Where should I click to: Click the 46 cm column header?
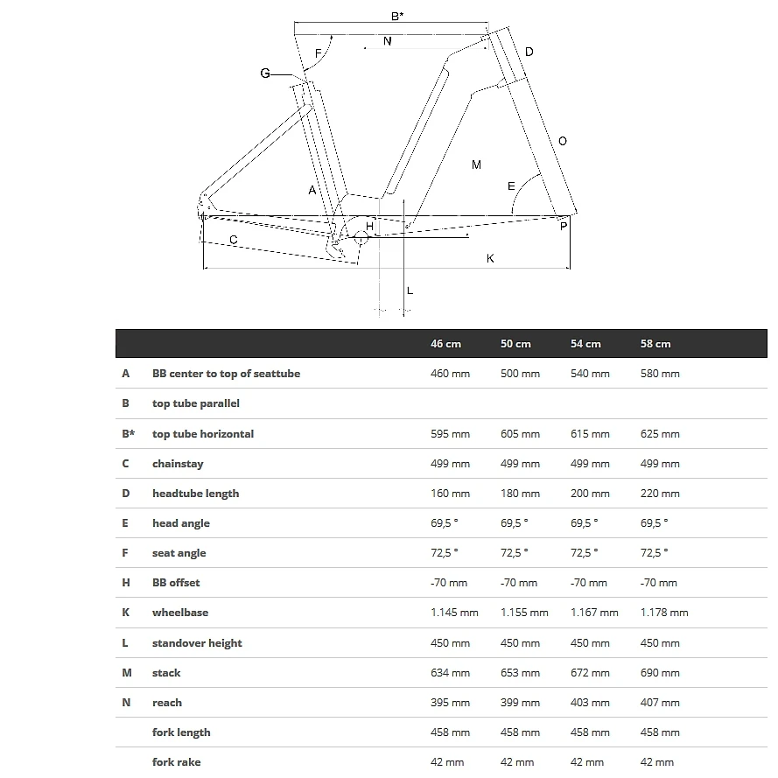pyautogui.click(x=445, y=344)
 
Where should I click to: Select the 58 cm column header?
pyautogui.click(x=655, y=344)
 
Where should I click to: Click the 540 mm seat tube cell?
pyautogui.click(x=590, y=374)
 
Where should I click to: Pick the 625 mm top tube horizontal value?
pyautogui.click(x=660, y=433)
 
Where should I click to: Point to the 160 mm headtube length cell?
pyautogui.click(x=450, y=494)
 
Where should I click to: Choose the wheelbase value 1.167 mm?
pyautogui.click(x=594, y=613)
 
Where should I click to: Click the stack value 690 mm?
pyautogui.click(x=660, y=673)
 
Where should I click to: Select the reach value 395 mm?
pyautogui.click(x=450, y=703)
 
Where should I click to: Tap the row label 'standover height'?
pyautogui.click(x=197, y=643)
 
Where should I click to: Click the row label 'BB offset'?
pyautogui.click(x=176, y=583)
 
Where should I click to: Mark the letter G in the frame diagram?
pyautogui.click(x=265, y=74)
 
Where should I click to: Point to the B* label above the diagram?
pyautogui.click(x=397, y=16)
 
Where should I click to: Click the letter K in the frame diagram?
pyautogui.click(x=490, y=258)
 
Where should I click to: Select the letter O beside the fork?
pyautogui.click(x=562, y=142)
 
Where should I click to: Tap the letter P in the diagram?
pyautogui.click(x=563, y=227)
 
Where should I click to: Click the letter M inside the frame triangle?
pyautogui.click(x=476, y=165)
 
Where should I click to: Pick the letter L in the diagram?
pyautogui.click(x=410, y=291)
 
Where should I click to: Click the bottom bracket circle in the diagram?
pyautogui.click(x=360, y=235)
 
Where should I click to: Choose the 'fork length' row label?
pyautogui.click(x=181, y=732)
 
